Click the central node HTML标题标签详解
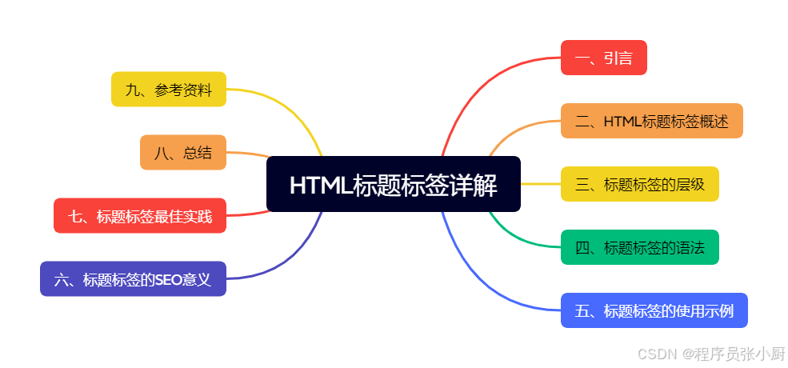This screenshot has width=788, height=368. coord(393,185)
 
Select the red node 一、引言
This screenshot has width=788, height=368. coord(603,58)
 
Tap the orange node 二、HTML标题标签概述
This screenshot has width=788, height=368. coord(651,121)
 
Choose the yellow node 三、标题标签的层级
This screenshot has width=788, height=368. coord(639,184)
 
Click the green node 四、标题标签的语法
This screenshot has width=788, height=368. coord(639,247)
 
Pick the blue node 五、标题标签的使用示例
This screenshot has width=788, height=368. coord(654,310)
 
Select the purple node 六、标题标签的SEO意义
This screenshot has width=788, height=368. coord(133,279)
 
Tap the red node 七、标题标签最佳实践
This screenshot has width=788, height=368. coord(140,216)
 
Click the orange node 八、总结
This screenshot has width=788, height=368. coord(182,153)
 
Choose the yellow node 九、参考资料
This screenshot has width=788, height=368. coord(168,90)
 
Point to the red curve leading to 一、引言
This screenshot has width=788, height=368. coord(472,88)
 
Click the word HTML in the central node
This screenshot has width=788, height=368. coord(320,186)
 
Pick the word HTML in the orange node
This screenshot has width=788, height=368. coord(622,122)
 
